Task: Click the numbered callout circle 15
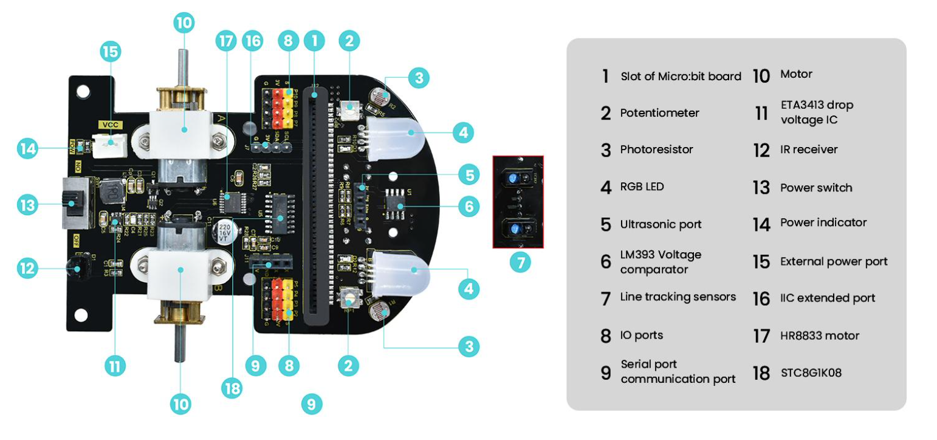coord(111,52)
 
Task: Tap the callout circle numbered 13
coord(27,204)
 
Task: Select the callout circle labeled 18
coord(232,388)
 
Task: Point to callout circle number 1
coord(314,41)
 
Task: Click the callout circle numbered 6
coord(468,207)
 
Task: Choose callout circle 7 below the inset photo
coord(520,263)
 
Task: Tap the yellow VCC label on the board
coord(112,125)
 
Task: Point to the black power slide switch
coord(75,203)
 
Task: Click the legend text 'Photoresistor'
coord(656,150)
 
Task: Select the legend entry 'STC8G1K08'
coord(811,373)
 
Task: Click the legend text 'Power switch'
coord(816,188)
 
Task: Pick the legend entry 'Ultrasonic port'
coord(661,224)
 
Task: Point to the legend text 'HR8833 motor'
coord(819,335)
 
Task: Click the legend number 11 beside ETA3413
coord(761,112)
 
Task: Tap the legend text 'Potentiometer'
coord(659,113)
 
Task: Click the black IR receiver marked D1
coord(77,266)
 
